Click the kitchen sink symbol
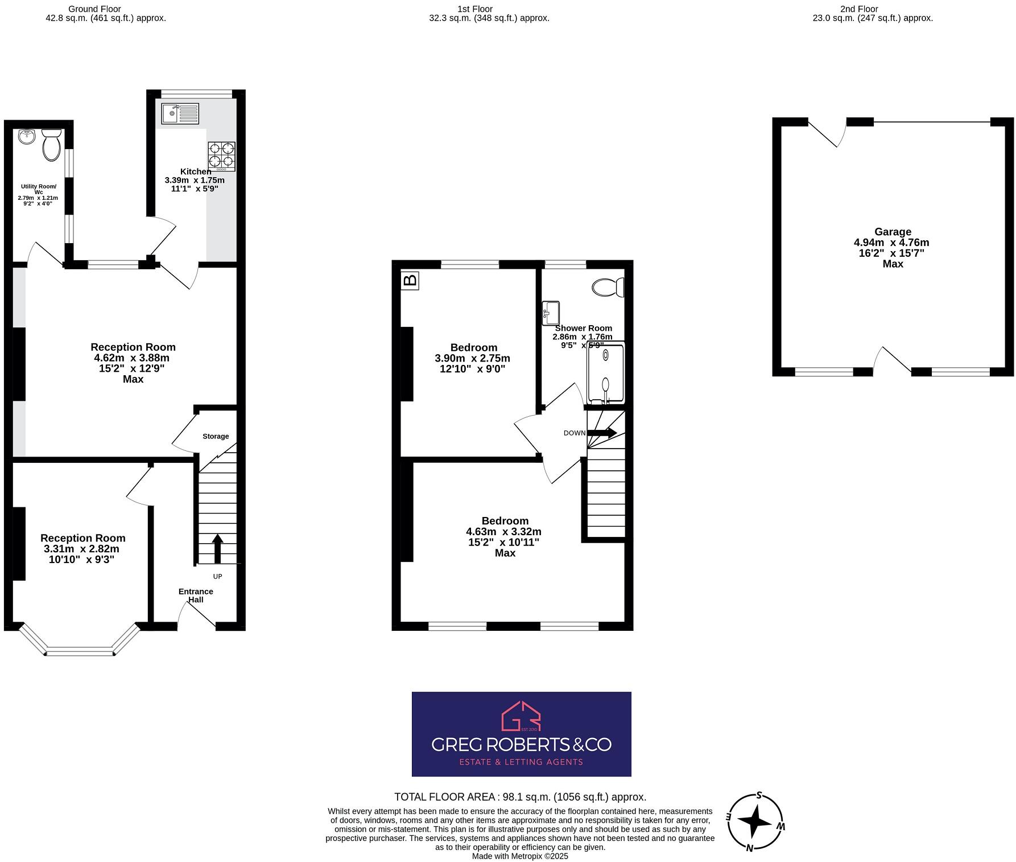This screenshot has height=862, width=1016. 180,114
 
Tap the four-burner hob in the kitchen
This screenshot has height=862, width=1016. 221,156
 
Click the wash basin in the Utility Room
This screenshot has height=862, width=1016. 27,137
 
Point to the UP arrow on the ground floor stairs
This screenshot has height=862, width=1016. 217,548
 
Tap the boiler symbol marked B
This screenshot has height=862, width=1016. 410,280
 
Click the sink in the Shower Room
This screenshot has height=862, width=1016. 551,313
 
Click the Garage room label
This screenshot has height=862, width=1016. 893,232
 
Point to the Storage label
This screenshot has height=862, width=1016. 216,436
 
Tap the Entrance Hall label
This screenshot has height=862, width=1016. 195,596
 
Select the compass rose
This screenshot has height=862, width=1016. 755,822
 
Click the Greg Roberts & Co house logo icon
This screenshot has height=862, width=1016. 521,716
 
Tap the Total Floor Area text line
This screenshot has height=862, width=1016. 520,797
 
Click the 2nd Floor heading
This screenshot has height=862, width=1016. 859,9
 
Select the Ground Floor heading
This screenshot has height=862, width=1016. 94,9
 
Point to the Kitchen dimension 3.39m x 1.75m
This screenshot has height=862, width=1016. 195,180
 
